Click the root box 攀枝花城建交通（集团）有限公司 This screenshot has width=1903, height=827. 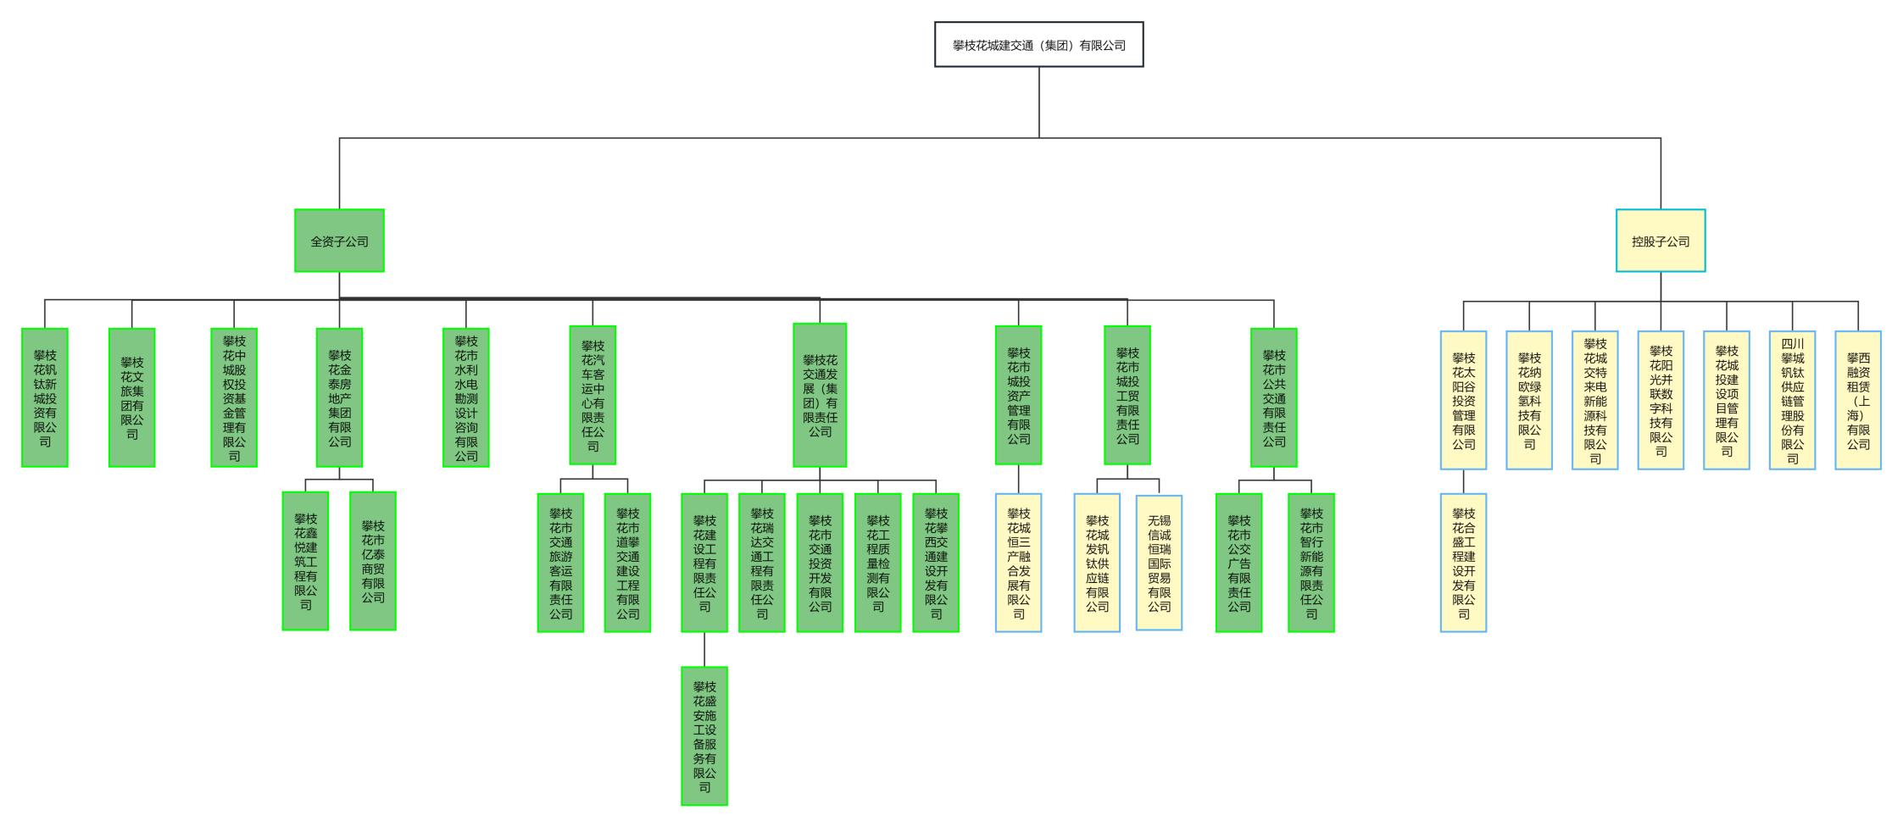point(1038,45)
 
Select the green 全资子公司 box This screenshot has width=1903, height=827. point(339,241)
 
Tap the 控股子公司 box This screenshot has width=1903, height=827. point(1660,241)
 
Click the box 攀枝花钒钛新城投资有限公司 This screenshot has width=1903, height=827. point(45,397)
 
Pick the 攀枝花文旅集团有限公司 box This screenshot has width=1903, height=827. point(131,397)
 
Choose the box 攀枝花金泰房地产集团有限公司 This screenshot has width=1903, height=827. point(339,397)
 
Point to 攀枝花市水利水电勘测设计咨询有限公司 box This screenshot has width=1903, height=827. point(465,397)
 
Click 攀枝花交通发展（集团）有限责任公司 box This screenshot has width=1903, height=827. point(820,395)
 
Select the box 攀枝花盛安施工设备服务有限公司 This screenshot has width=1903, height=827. point(704,735)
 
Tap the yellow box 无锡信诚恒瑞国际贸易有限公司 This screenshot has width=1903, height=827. point(1159,563)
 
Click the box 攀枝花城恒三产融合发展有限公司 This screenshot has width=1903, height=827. point(1018,563)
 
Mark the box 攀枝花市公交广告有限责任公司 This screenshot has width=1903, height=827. point(1238,563)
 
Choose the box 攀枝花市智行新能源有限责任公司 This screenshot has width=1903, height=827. point(1310,563)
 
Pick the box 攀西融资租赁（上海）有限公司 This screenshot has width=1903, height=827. point(1857,400)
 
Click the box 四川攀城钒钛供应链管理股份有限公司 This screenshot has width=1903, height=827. point(1792,400)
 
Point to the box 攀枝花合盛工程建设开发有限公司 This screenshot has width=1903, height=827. point(1463,563)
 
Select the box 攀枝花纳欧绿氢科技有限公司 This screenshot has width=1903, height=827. point(1528,400)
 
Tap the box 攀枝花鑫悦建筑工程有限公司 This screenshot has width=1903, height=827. point(305,561)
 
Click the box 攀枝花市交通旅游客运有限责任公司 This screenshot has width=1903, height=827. point(560,563)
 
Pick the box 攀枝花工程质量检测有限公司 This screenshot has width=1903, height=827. point(877,563)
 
